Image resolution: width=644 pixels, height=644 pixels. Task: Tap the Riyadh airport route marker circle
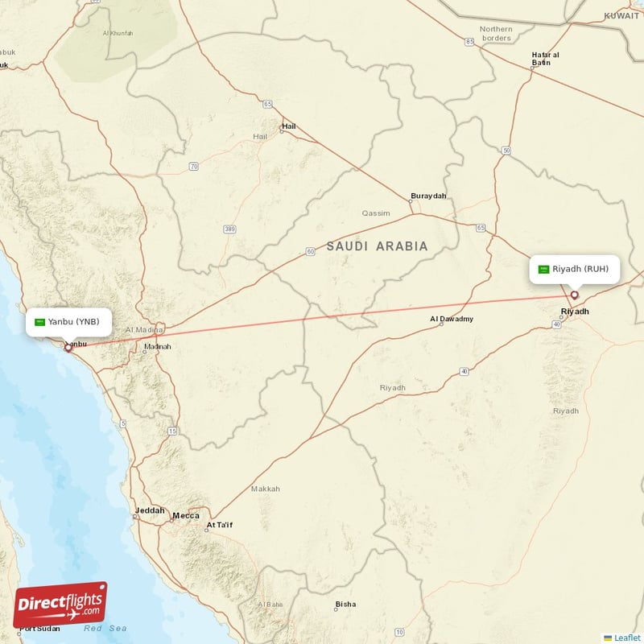click(575, 295)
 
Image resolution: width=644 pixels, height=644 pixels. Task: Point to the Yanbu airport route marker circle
click(68, 348)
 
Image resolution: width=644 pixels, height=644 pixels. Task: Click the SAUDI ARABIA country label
click(377, 246)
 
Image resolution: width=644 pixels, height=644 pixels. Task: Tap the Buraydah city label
click(427, 196)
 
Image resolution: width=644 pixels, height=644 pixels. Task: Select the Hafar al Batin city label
click(546, 58)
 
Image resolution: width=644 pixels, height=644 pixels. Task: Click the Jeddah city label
click(150, 510)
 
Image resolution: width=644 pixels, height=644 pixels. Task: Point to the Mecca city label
click(186, 516)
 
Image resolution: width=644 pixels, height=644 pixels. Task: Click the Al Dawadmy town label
click(452, 319)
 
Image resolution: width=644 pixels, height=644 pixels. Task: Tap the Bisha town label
click(345, 604)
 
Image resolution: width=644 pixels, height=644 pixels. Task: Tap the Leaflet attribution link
click(626, 638)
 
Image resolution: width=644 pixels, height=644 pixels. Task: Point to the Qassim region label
click(375, 213)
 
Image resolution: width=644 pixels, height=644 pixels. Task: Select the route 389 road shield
click(230, 229)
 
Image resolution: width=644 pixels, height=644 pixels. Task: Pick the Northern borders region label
click(496, 33)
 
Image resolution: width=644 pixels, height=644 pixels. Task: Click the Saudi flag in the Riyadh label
click(544, 269)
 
